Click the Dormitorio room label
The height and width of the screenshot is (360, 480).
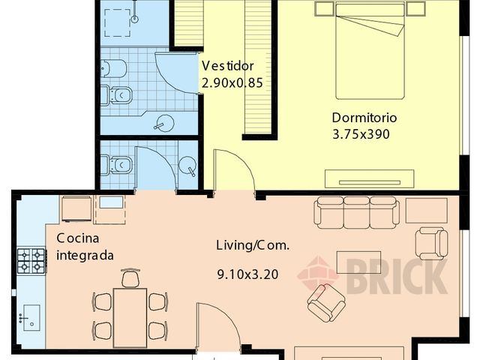tap(364, 118)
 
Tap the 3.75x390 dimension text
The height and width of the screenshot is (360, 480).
tap(361, 134)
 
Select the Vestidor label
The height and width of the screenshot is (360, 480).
tap(228, 66)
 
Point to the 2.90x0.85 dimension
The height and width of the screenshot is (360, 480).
tap(232, 83)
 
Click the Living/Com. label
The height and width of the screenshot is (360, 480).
tap(253, 245)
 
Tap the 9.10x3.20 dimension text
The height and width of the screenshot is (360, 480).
tap(248, 274)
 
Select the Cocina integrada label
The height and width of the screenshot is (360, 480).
tap(85, 247)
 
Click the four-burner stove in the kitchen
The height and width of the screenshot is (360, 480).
tap(31, 261)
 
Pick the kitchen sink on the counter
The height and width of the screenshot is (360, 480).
tap(31, 317)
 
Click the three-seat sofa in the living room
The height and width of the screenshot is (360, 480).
tap(357, 213)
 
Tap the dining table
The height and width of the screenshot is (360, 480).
tap(130, 318)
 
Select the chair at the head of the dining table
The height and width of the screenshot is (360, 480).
tap(130, 278)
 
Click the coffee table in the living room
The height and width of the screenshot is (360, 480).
tap(358, 262)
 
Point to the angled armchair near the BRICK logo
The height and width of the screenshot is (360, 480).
tap(326, 303)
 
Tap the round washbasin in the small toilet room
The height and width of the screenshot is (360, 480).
tap(187, 166)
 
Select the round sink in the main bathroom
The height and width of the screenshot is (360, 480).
tap(165, 123)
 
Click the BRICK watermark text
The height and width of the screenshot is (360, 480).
tap(397, 277)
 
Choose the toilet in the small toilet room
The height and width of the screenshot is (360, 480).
tap(116, 165)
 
